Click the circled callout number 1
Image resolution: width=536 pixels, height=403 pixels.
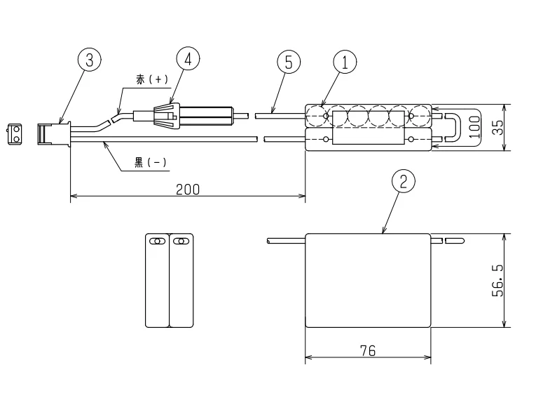click(345, 62)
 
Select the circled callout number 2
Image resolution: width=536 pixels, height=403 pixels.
click(402, 181)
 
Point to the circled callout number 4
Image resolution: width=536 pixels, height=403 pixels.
click(186, 59)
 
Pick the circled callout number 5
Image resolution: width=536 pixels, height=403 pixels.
click(289, 62)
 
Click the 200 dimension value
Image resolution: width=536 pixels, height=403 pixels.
click(187, 189)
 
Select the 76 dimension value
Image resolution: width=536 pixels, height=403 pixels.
click(368, 351)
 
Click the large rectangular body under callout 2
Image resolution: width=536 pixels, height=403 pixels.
click(368, 280)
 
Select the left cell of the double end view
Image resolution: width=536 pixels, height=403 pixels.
click(158, 280)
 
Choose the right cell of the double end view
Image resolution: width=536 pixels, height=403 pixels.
click(181, 280)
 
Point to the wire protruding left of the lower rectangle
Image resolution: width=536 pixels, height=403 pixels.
click(286, 242)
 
